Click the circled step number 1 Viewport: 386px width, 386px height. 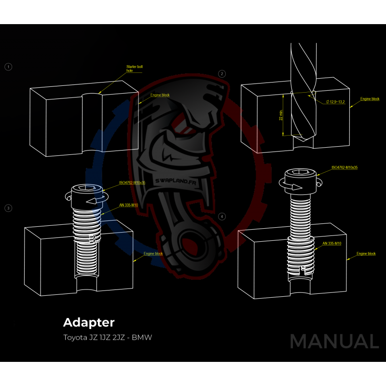tap(8, 67)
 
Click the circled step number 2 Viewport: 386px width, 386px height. tap(222, 74)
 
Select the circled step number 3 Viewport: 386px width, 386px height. tap(8, 208)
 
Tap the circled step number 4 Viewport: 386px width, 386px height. tap(222, 216)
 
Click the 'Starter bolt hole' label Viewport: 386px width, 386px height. tap(134, 68)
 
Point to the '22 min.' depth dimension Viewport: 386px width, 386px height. tap(281, 114)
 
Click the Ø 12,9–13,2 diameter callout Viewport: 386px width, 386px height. tap(335, 102)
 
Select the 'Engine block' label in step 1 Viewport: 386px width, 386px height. tap(160, 95)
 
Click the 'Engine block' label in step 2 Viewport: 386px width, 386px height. tap(370, 99)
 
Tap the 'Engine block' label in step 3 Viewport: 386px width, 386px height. tap(153, 253)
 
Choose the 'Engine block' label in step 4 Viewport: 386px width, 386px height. tap(366, 253)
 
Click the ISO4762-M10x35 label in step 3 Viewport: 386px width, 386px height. tap(132, 183)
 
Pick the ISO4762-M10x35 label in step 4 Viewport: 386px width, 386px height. tap(345, 167)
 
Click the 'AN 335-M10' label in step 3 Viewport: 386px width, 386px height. tap(128, 205)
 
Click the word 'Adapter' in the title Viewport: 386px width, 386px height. tap(89, 322)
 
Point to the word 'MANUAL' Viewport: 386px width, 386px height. tap(334, 341)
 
